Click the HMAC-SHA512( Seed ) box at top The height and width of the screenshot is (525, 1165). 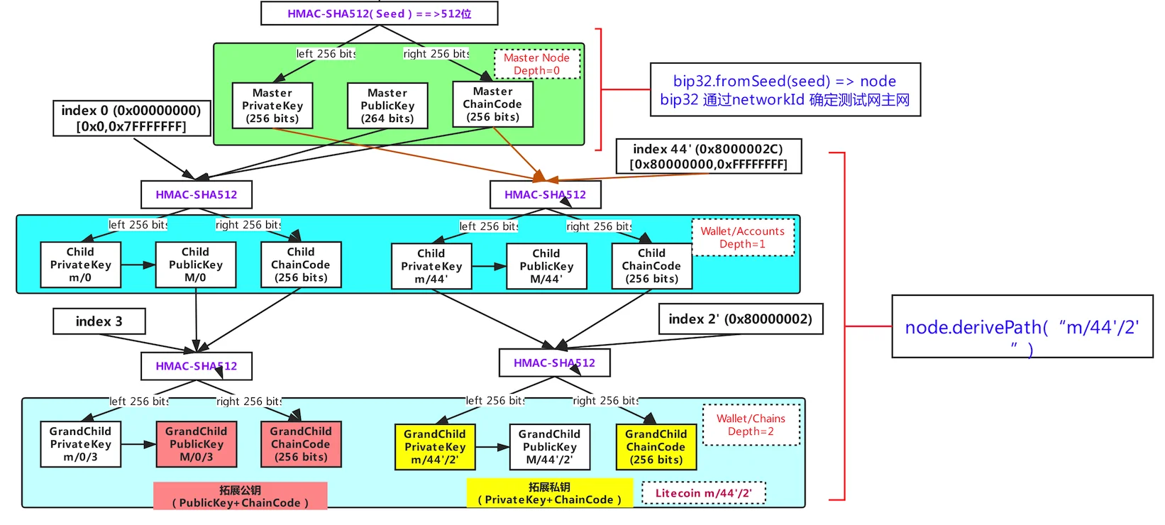point(380,13)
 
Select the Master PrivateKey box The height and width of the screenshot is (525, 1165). point(272,106)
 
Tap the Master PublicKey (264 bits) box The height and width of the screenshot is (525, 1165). point(387,106)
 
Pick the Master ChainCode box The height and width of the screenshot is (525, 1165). point(492,104)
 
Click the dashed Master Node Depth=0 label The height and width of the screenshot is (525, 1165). point(537,64)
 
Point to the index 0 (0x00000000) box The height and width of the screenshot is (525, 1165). point(131,118)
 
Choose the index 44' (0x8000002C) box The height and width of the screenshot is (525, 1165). point(708,156)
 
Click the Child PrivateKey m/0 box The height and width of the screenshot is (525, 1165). point(80,265)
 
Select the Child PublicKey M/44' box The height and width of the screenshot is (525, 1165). point(546,266)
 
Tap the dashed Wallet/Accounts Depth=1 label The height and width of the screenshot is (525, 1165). point(743,237)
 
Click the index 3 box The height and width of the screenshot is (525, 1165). point(99,321)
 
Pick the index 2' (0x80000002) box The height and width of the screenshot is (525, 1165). point(741,319)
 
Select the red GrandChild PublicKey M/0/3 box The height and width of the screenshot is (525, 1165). point(197,444)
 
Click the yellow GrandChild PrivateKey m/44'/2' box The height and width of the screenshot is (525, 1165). point(435,447)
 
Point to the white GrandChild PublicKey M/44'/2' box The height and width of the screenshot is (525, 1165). point(549,447)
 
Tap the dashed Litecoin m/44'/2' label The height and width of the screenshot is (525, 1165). point(703,493)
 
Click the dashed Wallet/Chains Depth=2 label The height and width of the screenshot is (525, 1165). point(751,425)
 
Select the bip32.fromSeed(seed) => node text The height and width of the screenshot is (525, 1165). point(784,81)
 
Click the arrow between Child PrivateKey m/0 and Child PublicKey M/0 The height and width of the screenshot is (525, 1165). point(138,265)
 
